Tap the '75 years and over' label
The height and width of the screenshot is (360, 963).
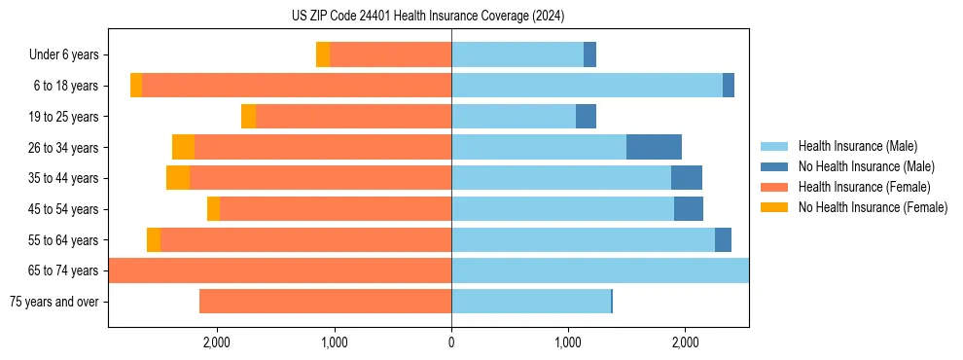(54, 302)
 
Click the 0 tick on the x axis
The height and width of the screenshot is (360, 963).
(451, 342)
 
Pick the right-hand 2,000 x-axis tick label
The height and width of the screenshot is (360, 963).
(685, 342)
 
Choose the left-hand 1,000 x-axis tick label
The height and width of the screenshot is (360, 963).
(334, 342)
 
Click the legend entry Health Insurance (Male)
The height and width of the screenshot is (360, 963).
(857, 146)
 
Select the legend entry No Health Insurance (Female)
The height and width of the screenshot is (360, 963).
(873, 207)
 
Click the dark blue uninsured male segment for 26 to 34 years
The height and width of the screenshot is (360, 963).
(654, 148)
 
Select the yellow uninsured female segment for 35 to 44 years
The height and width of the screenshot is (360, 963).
(178, 178)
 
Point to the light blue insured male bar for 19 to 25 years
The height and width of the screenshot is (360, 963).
(514, 117)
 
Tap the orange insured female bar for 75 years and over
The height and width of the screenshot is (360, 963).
(325, 302)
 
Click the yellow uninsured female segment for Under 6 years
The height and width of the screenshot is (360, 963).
(323, 55)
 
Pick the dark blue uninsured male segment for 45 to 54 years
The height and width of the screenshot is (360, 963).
(689, 209)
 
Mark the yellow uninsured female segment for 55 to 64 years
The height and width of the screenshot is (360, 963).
(154, 240)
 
